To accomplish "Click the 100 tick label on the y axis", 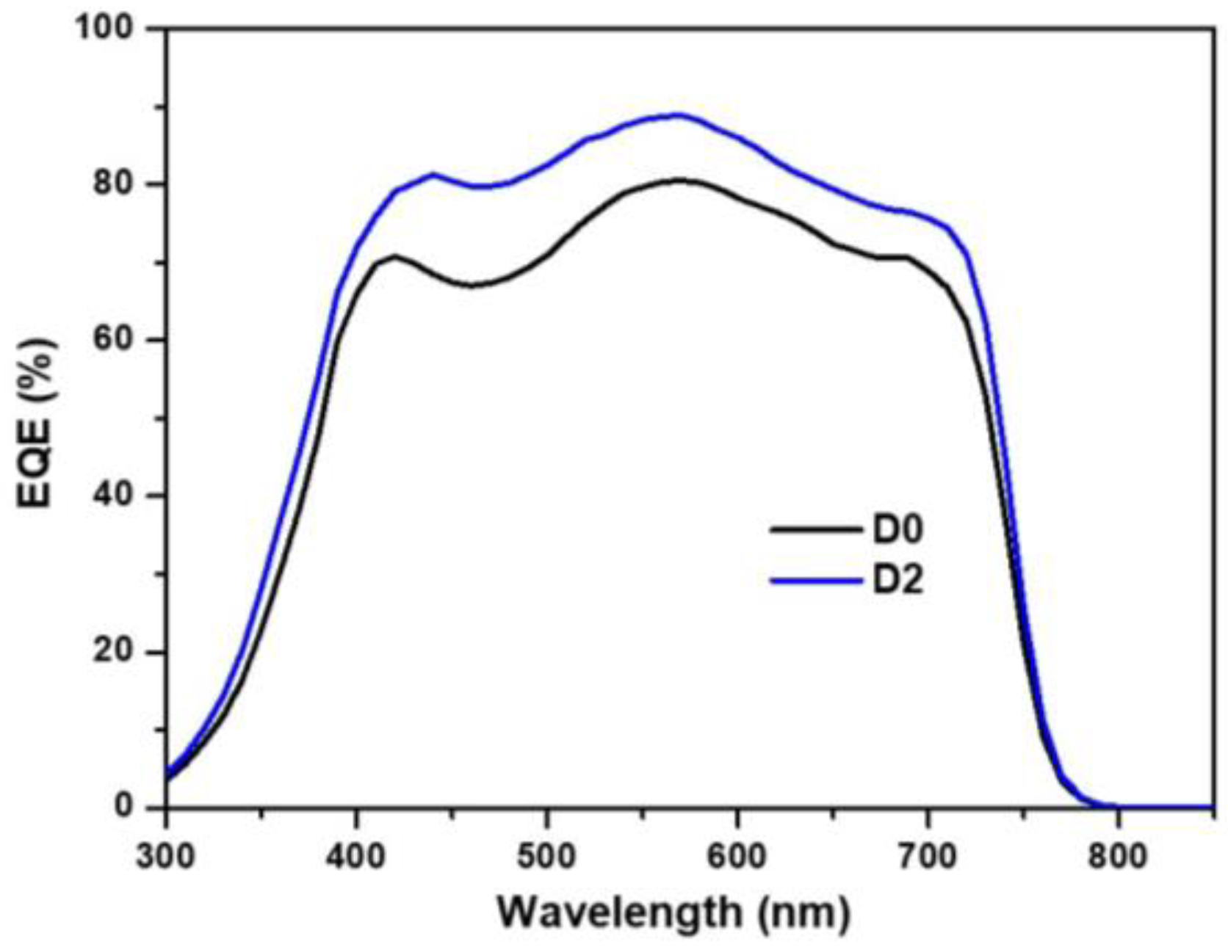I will tap(105, 28).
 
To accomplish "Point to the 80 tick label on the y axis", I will tap(113, 184).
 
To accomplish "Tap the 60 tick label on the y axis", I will tap(113, 340).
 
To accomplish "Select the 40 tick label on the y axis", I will tap(113, 496).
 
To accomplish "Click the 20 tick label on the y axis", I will tap(113, 652).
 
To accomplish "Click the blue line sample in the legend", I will tap(815, 581).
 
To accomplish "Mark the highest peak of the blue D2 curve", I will tap(677, 115).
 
